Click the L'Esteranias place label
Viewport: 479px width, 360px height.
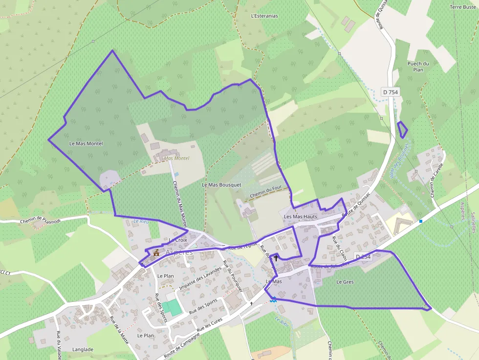[x=264, y=16]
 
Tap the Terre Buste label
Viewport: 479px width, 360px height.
[x=462, y=7]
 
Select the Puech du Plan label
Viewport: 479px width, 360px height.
[x=418, y=66]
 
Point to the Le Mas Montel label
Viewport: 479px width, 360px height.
[x=86, y=144]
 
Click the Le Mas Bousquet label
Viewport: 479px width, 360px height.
[x=221, y=185]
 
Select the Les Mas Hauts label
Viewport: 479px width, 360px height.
[x=301, y=216]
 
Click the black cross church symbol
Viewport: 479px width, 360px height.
[x=276, y=257]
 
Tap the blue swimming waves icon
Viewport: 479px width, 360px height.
[x=274, y=299]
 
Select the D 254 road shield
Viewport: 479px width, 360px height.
[x=363, y=257]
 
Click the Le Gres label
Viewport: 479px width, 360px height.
[x=345, y=282]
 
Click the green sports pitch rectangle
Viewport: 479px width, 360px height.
[x=171, y=307]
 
